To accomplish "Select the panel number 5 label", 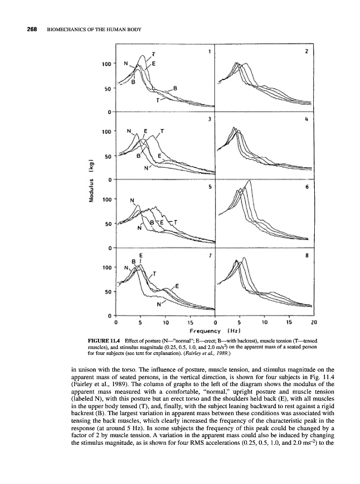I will coord(209,187).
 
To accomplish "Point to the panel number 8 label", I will coord(306,257).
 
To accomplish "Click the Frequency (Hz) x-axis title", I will coord(214,330).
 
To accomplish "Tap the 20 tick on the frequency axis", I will coord(313,323).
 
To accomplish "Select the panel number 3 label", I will coord(209,119).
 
